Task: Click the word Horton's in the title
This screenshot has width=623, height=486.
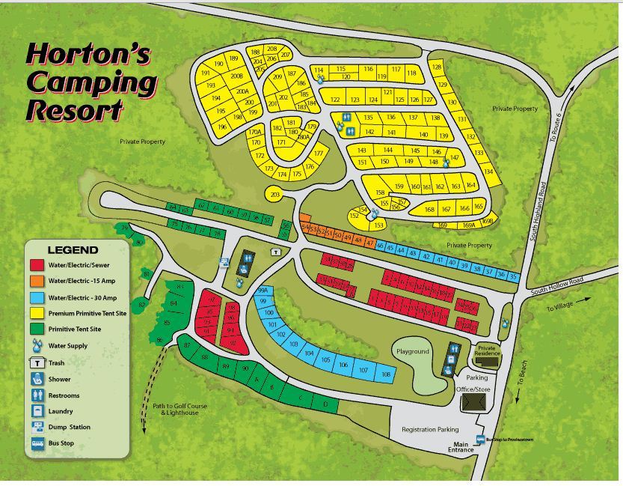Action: click(x=88, y=54)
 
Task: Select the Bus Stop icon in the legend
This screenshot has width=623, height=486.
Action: click(x=37, y=443)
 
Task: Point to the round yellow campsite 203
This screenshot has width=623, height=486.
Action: click(x=275, y=195)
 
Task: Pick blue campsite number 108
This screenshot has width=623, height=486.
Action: click(x=385, y=374)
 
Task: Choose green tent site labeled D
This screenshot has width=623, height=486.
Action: click(x=325, y=405)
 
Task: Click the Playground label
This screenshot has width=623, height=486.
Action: click(x=412, y=351)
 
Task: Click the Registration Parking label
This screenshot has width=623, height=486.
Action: click(x=430, y=430)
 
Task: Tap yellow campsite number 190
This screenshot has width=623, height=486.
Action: click(x=218, y=64)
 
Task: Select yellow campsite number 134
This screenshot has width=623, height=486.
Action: click(x=488, y=171)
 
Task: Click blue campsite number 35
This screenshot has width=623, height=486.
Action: click(x=513, y=277)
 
